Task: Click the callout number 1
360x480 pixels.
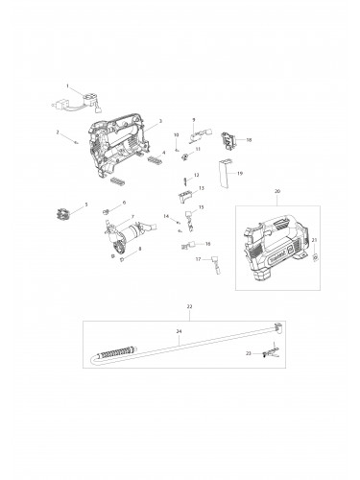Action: (x=67, y=86)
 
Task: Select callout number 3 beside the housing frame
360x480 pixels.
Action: (x=160, y=121)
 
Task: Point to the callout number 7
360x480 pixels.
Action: (x=133, y=218)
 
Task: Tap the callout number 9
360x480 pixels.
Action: (x=194, y=118)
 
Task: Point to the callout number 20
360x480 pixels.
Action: (x=277, y=191)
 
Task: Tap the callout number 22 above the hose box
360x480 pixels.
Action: (x=189, y=305)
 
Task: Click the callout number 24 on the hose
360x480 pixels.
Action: (x=178, y=330)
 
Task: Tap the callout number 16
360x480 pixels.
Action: (x=207, y=244)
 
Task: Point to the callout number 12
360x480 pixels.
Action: (x=197, y=175)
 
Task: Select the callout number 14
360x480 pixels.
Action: (x=166, y=217)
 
